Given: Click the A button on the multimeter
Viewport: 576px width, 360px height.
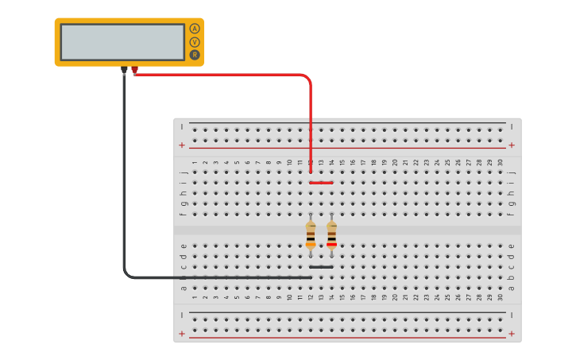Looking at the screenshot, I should pyautogui.click(x=195, y=29).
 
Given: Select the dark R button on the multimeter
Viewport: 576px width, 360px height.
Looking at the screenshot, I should pyautogui.click(x=195, y=55).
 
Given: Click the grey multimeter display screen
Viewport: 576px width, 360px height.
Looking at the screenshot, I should pyautogui.click(x=122, y=42).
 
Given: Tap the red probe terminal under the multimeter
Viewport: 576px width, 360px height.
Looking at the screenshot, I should pyautogui.click(x=134, y=70).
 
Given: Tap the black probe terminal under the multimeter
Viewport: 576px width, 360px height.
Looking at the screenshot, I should pyautogui.click(x=124, y=70).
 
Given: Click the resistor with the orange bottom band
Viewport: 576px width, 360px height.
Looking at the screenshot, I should pyautogui.click(x=311, y=235).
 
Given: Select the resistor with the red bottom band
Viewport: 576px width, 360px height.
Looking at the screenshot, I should pyautogui.click(x=331, y=235).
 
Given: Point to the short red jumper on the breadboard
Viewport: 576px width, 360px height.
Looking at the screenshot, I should pyautogui.click(x=321, y=182).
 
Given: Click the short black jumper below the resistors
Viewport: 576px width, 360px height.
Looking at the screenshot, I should pyautogui.click(x=321, y=267).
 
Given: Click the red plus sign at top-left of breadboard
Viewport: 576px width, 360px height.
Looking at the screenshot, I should pyautogui.click(x=182, y=145).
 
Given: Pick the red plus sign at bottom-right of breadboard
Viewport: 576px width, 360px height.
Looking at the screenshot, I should pyautogui.click(x=512, y=334).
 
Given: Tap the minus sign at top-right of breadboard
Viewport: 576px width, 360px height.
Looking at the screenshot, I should pyautogui.click(x=512, y=126).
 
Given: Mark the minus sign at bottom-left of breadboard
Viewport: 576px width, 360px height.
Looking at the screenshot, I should pyautogui.click(x=182, y=315).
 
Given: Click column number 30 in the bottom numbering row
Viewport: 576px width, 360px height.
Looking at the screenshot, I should pyautogui.click(x=500, y=297).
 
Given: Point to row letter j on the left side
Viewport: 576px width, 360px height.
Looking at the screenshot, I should pyautogui.click(x=184, y=172).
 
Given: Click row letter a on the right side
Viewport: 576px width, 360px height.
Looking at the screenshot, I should pyautogui.click(x=511, y=288).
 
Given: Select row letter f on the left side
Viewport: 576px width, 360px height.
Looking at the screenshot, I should pyautogui.click(x=184, y=214).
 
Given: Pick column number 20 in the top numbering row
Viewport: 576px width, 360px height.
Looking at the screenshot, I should pyautogui.click(x=395, y=163).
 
